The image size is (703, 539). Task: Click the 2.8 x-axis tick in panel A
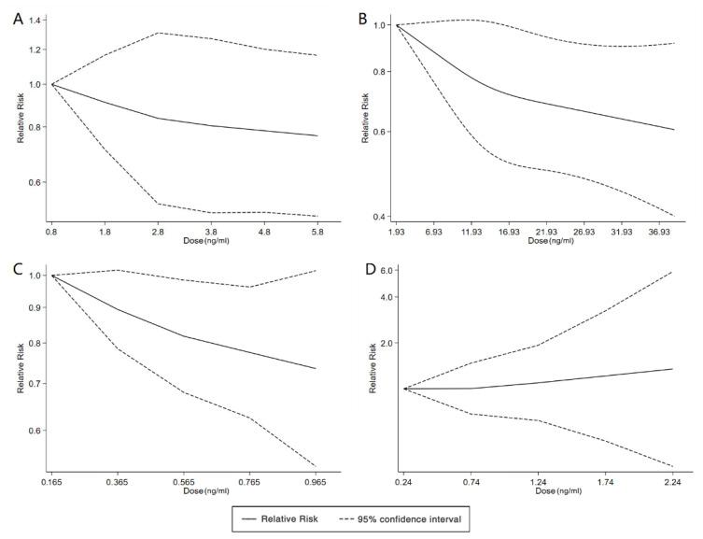coord(158,231)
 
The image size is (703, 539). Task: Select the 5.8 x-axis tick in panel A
coord(317,231)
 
